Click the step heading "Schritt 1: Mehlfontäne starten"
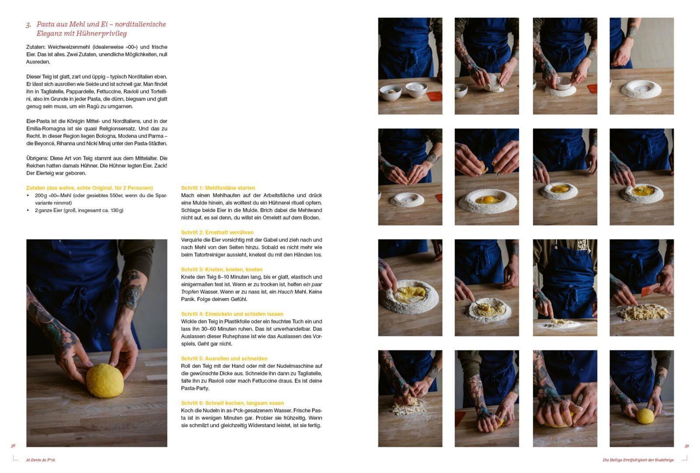(218, 188)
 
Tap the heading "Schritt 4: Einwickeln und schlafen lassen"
(232, 314)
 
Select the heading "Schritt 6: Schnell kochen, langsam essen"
(232, 403)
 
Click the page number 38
(13, 446)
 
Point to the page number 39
(687, 446)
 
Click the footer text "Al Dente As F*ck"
(41, 460)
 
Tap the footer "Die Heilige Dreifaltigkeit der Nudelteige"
(638, 460)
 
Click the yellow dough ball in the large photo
(105, 381)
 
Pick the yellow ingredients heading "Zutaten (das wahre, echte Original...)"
(90, 188)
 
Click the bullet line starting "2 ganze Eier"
(79, 211)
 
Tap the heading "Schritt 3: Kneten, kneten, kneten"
(222, 269)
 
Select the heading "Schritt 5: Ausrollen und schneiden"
(224, 359)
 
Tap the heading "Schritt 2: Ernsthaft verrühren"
(217, 232)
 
